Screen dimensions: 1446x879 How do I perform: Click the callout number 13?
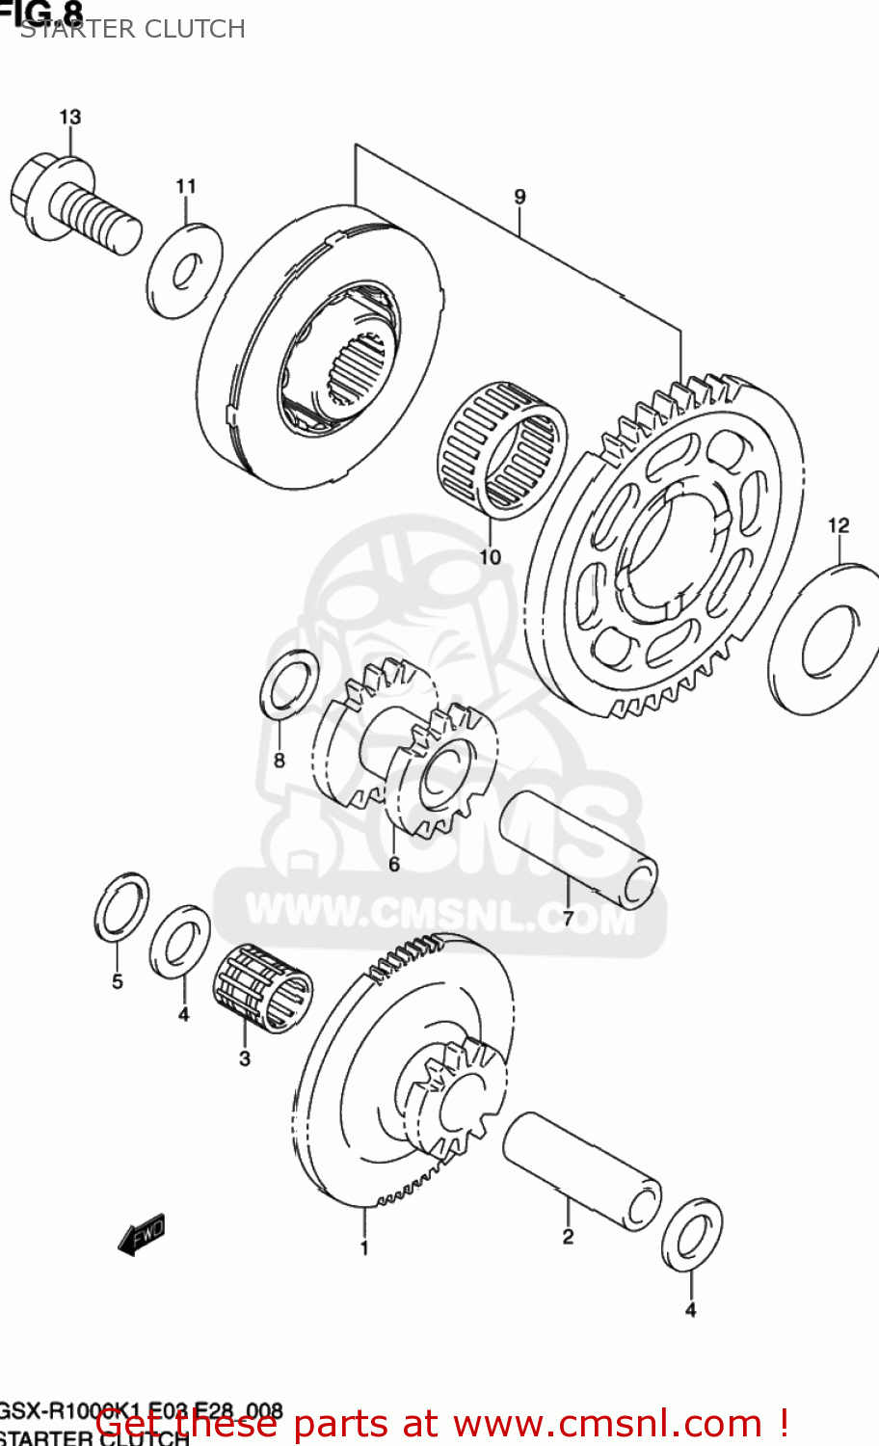point(69,117)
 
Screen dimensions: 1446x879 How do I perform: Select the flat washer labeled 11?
point(184,270)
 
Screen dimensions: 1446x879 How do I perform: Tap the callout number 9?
point(519,197)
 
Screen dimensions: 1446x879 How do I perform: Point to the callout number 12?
point(839,525)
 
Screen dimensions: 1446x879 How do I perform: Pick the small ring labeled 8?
point(289,684)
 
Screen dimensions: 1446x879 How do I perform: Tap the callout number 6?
point(393,864)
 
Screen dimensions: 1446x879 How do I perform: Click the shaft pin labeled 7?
point(577,848)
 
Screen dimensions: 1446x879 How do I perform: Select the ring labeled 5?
point(121,907)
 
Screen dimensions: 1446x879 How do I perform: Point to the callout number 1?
point(364,1248)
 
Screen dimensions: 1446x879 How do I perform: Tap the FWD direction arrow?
point(142,1234)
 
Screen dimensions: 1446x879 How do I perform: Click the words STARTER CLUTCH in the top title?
point(133,29)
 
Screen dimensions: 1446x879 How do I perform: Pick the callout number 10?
point(490,556)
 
